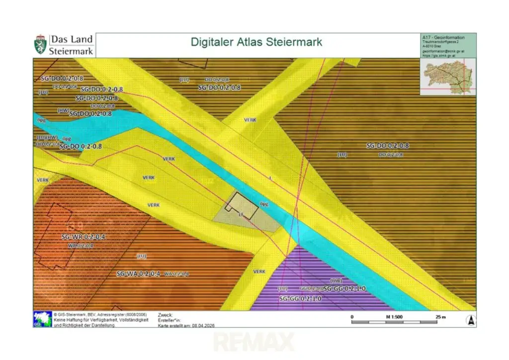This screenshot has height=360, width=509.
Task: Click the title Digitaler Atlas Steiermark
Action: (256, 42)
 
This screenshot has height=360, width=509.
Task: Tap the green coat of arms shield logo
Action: (41, 45)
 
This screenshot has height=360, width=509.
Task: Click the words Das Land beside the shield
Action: (71, 39)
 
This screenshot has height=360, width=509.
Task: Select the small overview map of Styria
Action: (447, 76)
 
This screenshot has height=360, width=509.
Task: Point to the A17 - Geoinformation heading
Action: (443, 37)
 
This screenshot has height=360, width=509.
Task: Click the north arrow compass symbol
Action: (470, 320)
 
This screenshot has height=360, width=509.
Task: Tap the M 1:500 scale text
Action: (395, 316)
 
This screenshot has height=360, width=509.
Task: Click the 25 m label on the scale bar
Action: (440, 316)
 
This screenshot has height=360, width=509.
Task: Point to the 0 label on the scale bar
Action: (352, 316)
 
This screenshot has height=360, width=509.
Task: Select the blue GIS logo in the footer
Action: (42, 319)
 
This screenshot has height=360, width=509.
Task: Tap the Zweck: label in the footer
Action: (165, 315)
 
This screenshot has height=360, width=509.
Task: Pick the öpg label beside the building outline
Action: (264, 204)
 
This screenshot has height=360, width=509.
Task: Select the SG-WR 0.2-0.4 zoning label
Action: (84, 237)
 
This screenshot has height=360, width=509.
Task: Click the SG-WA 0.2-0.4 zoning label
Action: (138, 274)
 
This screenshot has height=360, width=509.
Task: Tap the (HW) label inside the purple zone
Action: (337, 281)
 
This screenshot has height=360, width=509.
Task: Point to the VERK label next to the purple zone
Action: (259, 271)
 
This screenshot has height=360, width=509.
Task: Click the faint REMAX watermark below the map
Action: (254, 342)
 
